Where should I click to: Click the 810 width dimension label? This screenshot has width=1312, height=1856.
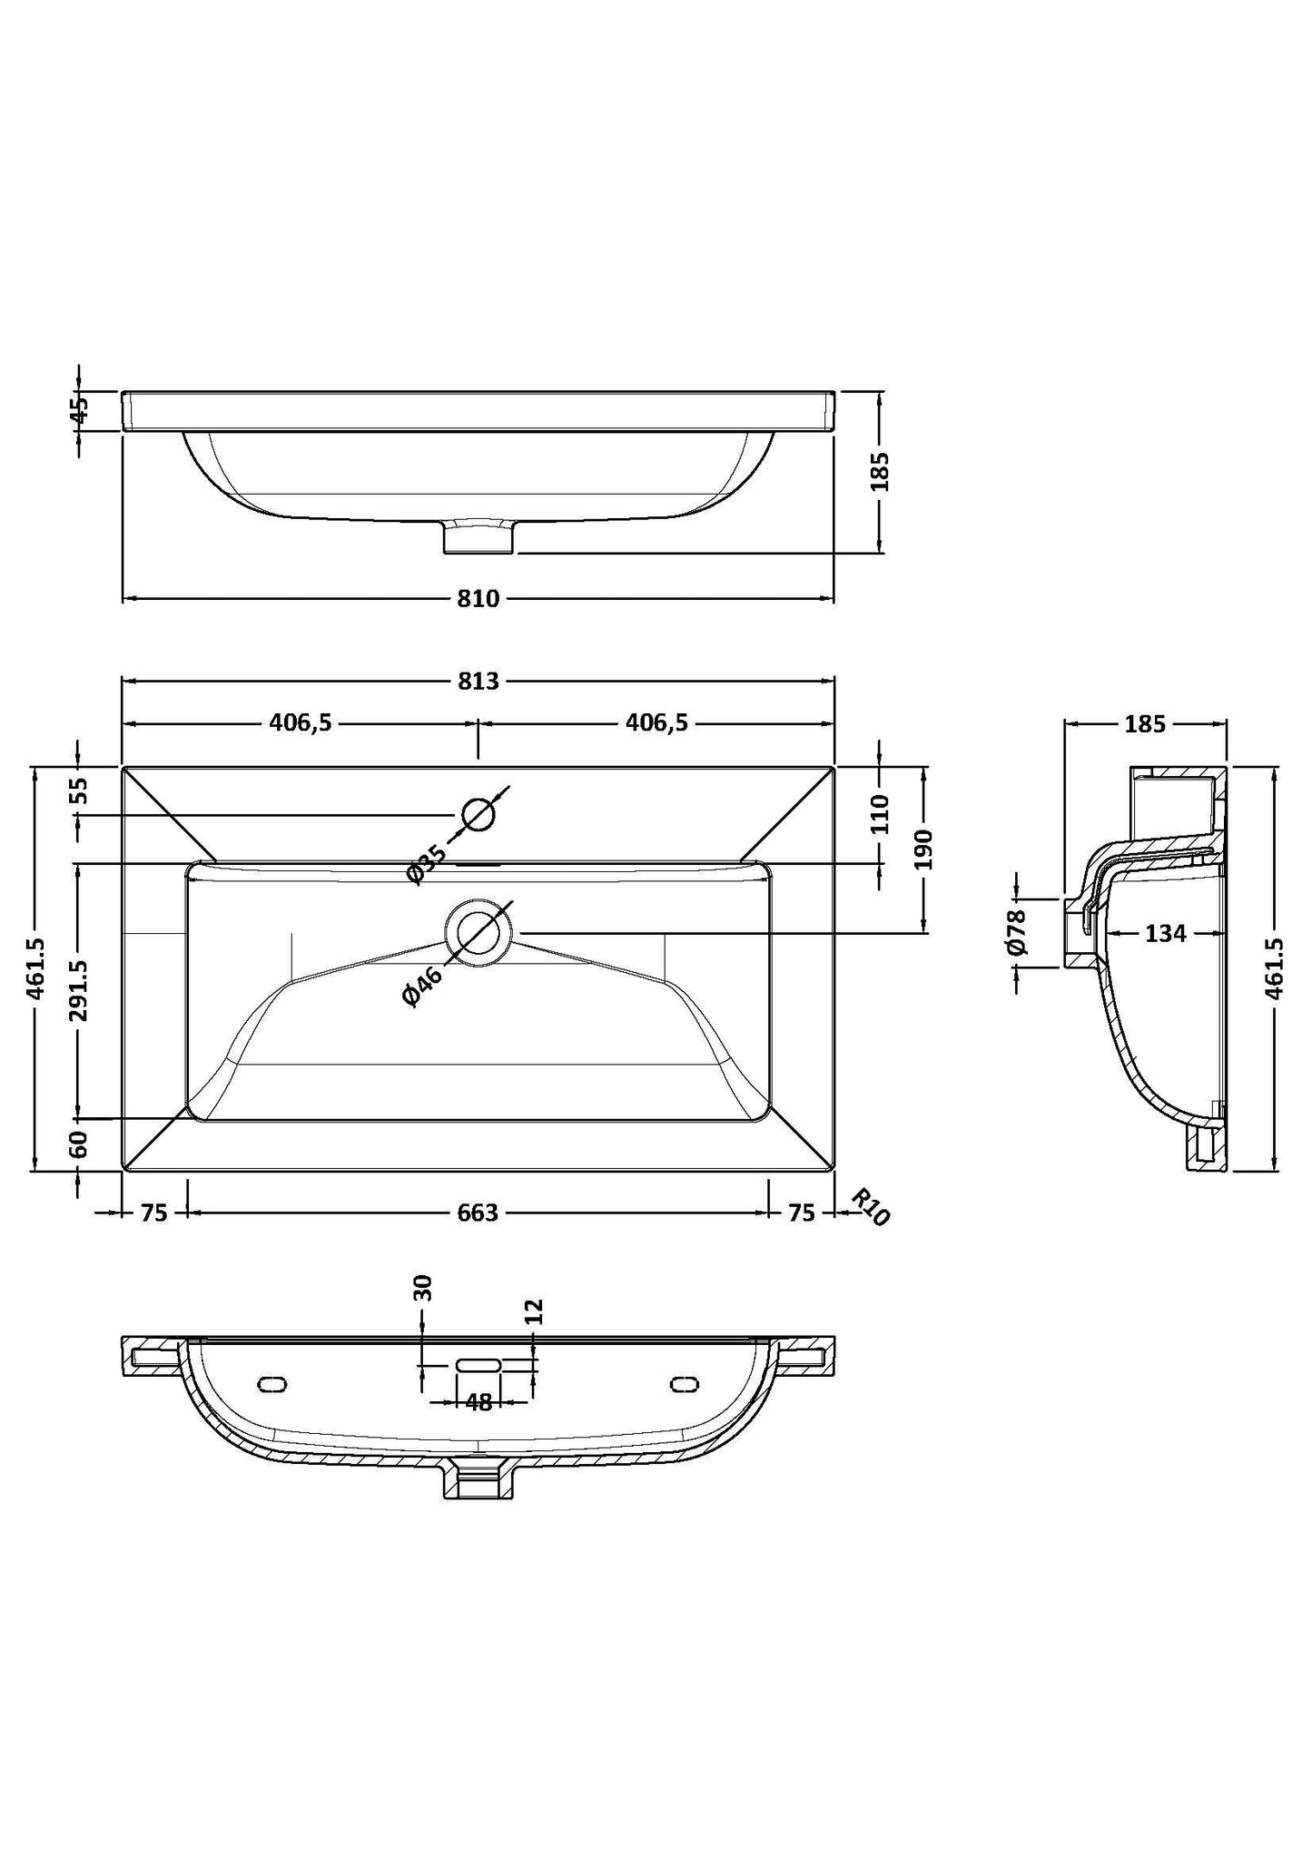[478, 599]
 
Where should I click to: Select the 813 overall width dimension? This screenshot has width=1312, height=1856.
[478, 681]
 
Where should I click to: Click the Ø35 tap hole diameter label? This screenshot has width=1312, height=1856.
[427, 863]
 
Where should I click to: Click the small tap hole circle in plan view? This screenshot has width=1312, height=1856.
[478, 814]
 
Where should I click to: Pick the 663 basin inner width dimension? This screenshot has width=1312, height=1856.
[478, 1213]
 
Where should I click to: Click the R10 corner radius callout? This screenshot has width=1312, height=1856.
[869, 1208]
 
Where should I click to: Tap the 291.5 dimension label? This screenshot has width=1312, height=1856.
[80, 990]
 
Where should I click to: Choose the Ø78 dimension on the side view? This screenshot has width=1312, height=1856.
[1016, 932]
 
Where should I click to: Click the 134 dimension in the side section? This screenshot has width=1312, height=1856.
[1165, 933]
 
